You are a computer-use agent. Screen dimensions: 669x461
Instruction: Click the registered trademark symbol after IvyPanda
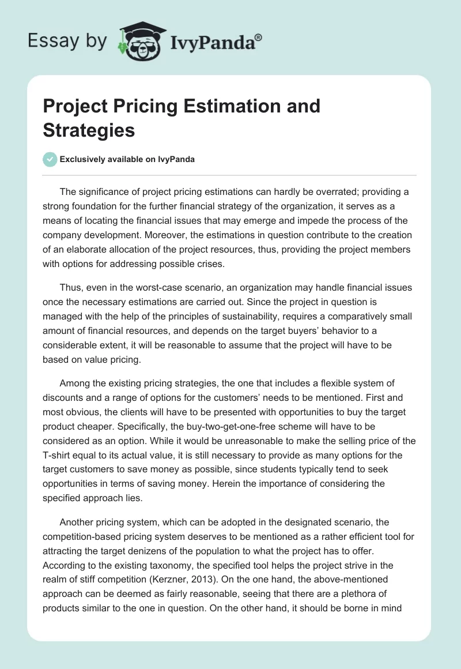pos(259,36)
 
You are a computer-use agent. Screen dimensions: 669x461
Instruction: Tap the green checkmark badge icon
pos(50,159)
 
